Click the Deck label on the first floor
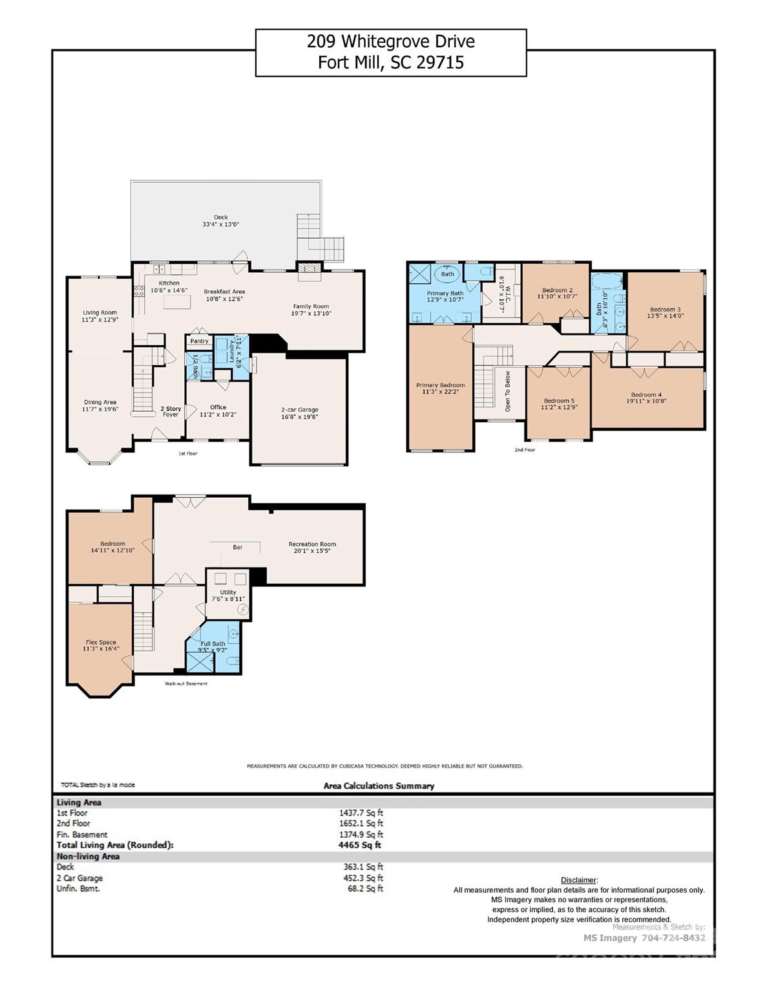tap(221, 218)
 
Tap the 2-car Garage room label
tap(299, 410)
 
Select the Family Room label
tap(311, 306)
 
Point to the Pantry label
tap(199, 341)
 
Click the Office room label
tap(218, 407)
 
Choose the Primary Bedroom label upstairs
tap(440, 385)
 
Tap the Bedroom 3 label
tap(666, 310)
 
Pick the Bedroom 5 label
tap(559, 401)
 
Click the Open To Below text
tap(508, 391)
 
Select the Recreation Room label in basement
tap(312, 544)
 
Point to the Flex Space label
tap(101, 643)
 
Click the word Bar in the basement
tap(238, 547)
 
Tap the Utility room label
tap(228, 592)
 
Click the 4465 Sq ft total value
tap(360, 845)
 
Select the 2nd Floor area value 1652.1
tap(361, 824)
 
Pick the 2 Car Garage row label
tap(79, 878)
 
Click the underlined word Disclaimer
tap(578, 880)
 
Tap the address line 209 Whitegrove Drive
tap(390, 42)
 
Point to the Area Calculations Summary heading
tap(379, 786)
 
